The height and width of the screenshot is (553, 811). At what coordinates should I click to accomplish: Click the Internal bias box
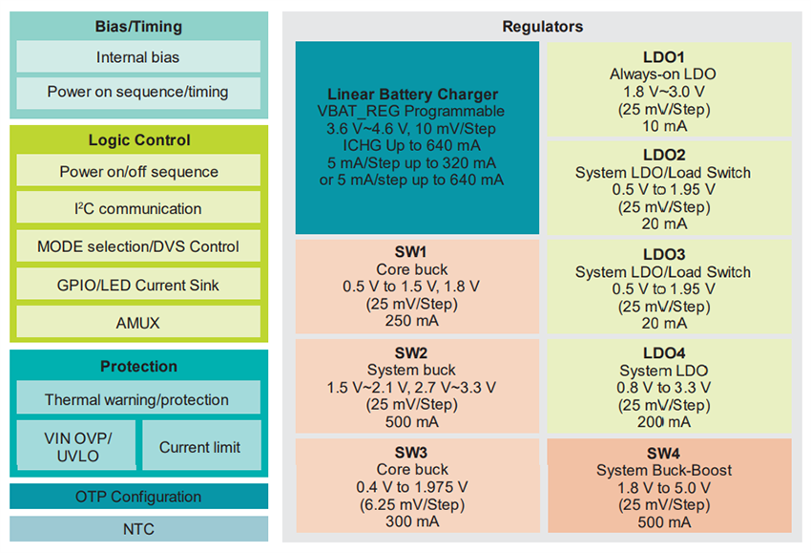coord(138,57)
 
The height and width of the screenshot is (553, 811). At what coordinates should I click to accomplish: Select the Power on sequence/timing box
coord(138,93)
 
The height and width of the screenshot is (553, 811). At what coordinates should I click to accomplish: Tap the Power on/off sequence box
coord(138,172)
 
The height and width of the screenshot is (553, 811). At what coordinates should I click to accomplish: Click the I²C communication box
coord(138,208)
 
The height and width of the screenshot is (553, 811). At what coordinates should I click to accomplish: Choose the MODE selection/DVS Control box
coord(138,246)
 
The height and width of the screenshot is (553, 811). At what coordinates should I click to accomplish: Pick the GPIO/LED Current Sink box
coord(138,284)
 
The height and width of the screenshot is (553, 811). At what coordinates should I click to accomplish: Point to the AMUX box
coord(138,322)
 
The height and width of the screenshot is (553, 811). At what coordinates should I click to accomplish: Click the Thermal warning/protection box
coord(138,399)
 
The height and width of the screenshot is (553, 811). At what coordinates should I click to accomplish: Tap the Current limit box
coord(199,446)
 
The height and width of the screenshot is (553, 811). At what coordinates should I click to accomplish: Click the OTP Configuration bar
coord(138,497)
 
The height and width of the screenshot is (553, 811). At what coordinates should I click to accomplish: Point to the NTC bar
coord(138,529)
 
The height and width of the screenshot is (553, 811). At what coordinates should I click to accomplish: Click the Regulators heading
coord(542,27)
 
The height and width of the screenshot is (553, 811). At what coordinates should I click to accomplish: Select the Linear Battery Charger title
coord(412,95)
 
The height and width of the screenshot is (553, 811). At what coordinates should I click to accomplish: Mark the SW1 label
coord(412,252)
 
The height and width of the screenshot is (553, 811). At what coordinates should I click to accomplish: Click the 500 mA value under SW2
coord(412,421)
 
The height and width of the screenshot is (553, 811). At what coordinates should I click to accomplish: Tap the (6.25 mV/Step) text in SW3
coord(412,503)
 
